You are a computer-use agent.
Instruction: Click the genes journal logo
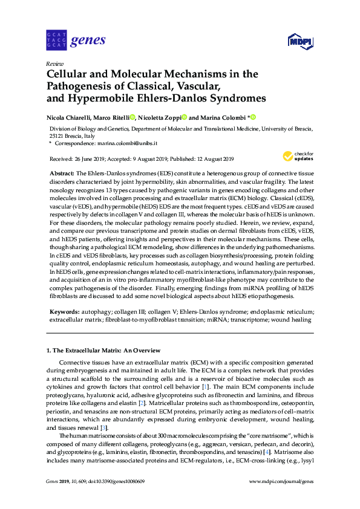[76, 41]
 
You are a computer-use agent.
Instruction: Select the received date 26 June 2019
[89, 159]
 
